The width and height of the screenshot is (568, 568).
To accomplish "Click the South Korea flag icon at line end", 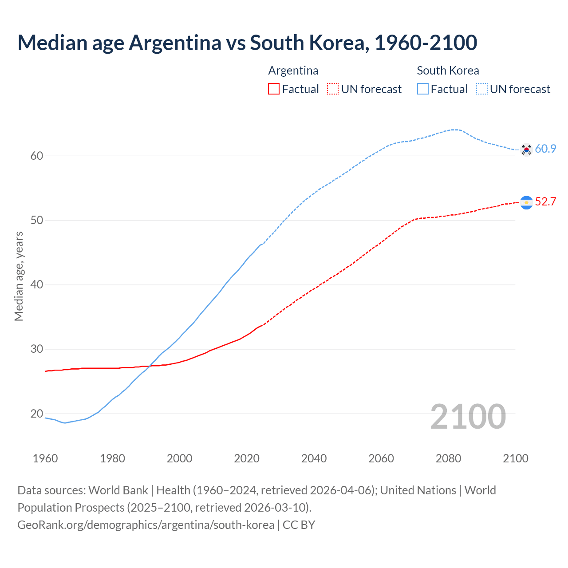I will click(x=526, y=150).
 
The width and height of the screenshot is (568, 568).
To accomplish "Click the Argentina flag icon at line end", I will click(x=526, y=202).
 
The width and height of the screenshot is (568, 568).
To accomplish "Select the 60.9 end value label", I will click(x=545, y=149).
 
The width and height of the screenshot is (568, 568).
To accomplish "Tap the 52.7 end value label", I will click(x=545, y=201).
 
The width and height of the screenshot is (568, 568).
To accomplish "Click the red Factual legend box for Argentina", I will click(x=274, y=89).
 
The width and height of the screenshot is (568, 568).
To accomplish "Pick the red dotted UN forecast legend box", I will click(x=333, y=89).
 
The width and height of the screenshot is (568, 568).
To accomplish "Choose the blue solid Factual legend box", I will click(x=423, y=89).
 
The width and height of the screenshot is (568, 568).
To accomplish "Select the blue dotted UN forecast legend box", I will click(x=482, y=89).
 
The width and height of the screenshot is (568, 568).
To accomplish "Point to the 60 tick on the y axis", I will click(x=37, y=156).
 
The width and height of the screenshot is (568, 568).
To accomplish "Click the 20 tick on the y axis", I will click(x=37, y=414).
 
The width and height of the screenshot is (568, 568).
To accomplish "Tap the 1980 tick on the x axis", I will click(x=112, y=458).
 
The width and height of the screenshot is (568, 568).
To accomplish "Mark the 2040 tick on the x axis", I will click(x=314, y=458).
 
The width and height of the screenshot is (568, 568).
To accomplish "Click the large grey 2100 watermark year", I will click(x=468, y=416).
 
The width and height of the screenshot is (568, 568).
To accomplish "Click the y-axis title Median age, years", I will click(x=19, y=276).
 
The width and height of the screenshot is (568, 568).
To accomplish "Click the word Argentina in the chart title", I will click(x=175, y=43).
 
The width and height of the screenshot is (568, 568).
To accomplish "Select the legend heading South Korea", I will click(x=448, y=71).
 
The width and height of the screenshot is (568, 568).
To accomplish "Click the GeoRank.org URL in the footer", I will click(x=146, y=525).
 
